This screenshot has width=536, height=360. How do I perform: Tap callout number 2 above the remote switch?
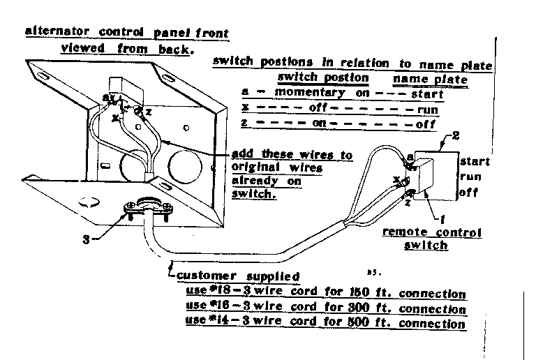click(456, 135)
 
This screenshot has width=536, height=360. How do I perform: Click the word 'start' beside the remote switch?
click(475, 161)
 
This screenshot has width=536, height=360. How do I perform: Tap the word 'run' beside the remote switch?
click(470, 177)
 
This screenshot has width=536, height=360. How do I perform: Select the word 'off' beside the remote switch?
click(469, 193)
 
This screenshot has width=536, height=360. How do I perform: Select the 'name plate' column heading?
click(430, 79)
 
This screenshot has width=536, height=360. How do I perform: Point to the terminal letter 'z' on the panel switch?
click(149, 111)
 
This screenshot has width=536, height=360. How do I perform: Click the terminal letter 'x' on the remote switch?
click(396, 179)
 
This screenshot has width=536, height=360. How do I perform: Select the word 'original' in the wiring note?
click(254, 169)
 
